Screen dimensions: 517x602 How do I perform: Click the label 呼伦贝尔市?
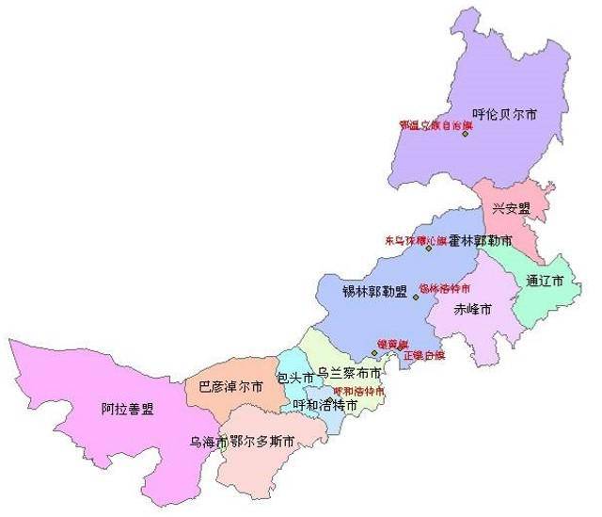(x=505, y=114)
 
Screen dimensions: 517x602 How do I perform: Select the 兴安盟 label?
(x=511, y=208)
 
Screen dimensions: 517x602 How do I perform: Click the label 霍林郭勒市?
(x=480, y=241)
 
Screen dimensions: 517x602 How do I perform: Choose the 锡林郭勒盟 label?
(x=374, y=291)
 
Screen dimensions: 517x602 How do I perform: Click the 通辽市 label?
(x=546, y=282)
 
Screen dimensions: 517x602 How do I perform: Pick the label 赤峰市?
(x=473, y=309)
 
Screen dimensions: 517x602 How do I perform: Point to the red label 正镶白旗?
(x=423, y=356)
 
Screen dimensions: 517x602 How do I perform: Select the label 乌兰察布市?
(x=349, y=374)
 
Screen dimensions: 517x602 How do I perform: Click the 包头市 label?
(x=294, y=378)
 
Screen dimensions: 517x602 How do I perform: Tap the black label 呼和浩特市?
(x=325, y=405)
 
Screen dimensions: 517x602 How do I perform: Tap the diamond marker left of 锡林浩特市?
(x=415, y=297)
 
